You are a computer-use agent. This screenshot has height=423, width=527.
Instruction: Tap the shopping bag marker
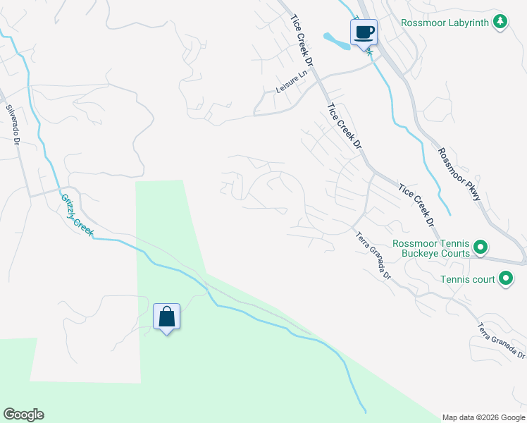167,317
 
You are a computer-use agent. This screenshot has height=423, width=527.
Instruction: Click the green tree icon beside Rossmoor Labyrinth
500,22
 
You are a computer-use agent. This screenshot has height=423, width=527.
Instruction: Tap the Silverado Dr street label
14,125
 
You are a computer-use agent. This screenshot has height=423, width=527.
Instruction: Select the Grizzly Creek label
76,214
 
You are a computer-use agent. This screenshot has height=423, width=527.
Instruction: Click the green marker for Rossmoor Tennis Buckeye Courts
480,247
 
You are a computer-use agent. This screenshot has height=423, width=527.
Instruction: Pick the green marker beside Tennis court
505,280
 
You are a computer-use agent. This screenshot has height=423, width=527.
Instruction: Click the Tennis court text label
468,280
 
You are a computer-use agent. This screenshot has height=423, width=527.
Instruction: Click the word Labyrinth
465,23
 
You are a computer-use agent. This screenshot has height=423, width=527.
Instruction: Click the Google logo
23,415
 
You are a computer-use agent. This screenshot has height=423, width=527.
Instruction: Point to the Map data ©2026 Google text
483,417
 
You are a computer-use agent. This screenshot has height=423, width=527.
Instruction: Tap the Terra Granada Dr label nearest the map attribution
501,339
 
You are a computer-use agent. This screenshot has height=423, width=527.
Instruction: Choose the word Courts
455,253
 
